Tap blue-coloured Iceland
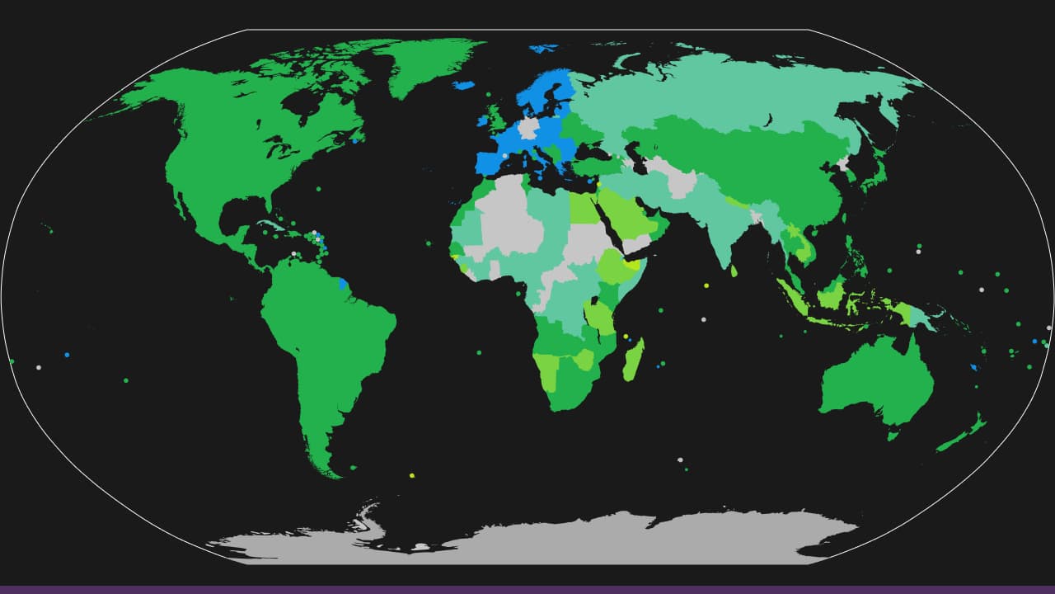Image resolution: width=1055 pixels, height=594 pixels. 463,85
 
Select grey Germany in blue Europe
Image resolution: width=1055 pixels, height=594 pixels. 526,128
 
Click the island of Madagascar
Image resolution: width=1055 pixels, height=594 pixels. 633,361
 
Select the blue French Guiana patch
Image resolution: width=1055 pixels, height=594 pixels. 343,284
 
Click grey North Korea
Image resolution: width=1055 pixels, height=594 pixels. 843,163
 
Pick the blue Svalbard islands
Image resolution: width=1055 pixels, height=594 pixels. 542,49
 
